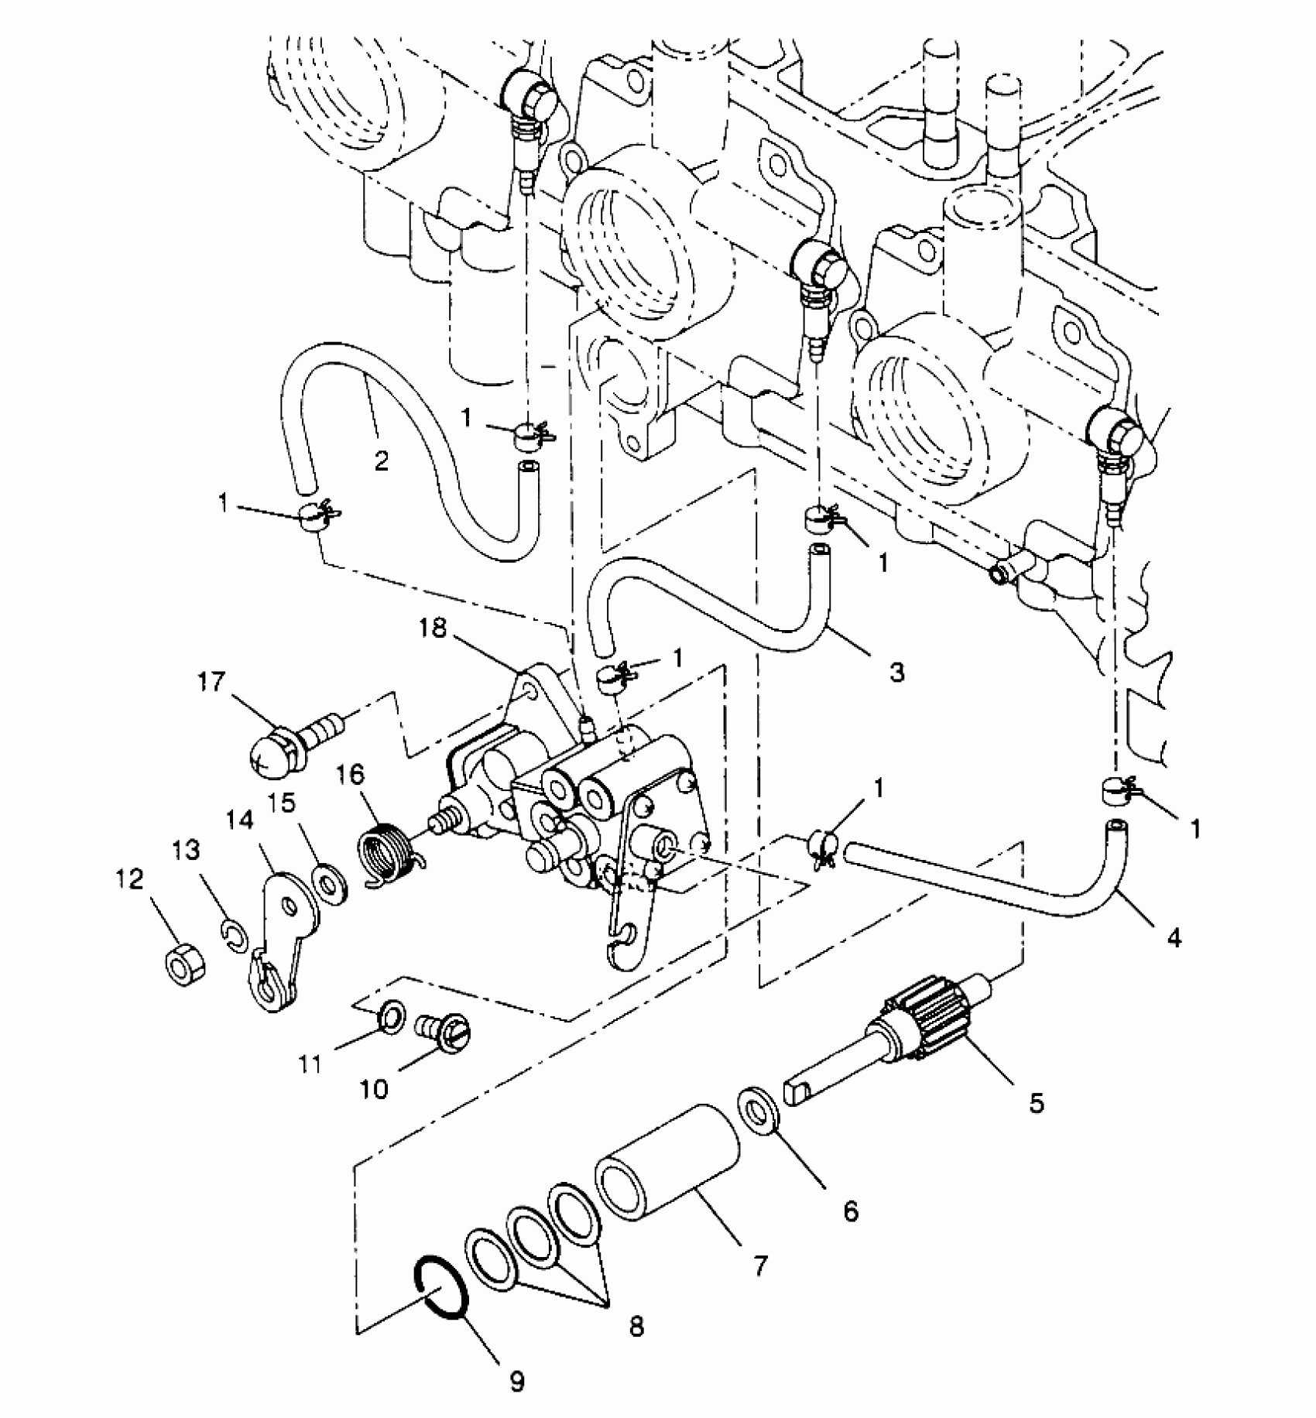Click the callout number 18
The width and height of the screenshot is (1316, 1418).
[x=433, y=628]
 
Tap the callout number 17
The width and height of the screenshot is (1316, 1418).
[x=211, y=683]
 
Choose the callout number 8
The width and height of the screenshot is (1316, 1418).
[x=636, y=1327]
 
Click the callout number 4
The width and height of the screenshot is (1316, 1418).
[x=1174, y=938]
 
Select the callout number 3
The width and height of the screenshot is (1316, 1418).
[x=896, y=672]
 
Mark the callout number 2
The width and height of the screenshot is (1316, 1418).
[x=381, y=461]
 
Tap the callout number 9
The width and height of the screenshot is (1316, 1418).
[x=516, y=1382]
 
